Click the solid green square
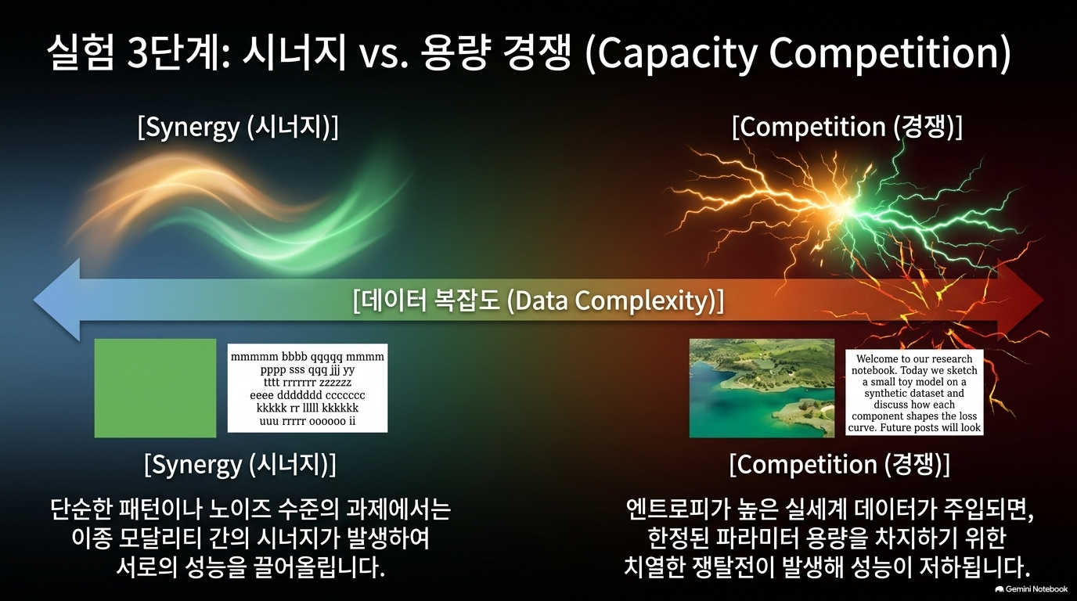tap(155, 388)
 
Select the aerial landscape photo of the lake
tap(762, 388)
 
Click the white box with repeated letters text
tap(308, 388)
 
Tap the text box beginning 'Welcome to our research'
tap(914, 393)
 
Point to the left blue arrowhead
tap(56, 300)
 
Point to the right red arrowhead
tap(1021, 300)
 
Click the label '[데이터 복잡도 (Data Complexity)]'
tap(538, 301)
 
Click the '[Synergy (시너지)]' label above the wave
tap(238, 128)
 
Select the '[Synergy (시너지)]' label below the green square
tap(240, 465)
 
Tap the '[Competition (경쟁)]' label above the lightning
tap(847, 128)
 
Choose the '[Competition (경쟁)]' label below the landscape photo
tap(840, 465)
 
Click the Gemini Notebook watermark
tap(1031, 589)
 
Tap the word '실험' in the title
tap(81, 53)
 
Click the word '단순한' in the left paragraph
tap(81, 510)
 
